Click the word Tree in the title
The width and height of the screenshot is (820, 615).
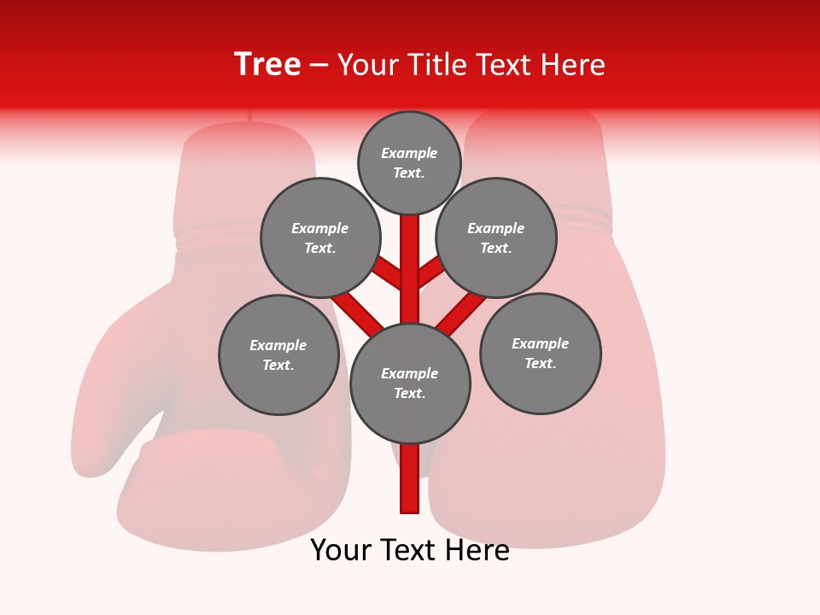tap(267, 65)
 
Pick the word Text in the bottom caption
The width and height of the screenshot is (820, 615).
tap(410, 551)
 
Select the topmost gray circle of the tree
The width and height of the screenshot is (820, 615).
tap(409, 162)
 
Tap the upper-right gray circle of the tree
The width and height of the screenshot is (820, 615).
tap(496, 237)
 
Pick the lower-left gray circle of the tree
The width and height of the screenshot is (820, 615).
tap(278, 354)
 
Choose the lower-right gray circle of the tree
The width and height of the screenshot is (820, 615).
tap(540, 353)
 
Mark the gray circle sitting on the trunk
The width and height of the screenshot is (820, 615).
tap(410, 383)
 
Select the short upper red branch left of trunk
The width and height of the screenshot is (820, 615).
tap(387, 273)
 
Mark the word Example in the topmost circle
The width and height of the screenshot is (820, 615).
tap(409, 154)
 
